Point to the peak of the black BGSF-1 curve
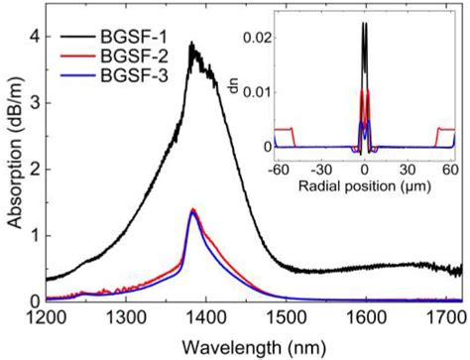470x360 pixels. click(191, 44)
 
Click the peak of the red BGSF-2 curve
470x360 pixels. click(191, 209)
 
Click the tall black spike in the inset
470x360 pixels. click(365, 26)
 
